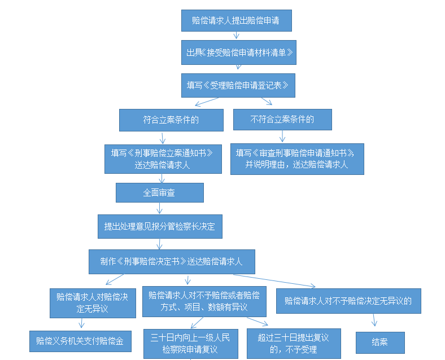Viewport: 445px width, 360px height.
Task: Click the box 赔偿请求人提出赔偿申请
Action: point(237,20)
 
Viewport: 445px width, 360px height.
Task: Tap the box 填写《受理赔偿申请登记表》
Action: point(238,85)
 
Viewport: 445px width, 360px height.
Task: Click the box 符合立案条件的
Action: point(171,120)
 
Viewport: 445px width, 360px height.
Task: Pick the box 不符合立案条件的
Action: point(282,120)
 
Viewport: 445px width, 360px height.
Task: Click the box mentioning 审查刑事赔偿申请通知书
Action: point(297,159)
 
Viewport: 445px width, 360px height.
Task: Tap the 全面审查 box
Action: point(159,192)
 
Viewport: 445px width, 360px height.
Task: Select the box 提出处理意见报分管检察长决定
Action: point(160,226)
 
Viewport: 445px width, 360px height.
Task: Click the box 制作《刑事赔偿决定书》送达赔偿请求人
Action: point(172,261)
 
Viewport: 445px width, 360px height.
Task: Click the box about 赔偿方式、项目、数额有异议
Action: point(204,301)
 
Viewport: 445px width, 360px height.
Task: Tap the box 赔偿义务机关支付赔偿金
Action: point(80,341)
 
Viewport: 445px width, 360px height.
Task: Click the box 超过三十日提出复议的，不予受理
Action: point(294,343)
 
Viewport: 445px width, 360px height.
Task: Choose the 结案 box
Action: point(379,342)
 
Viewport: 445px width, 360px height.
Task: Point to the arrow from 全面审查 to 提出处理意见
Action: point(160,208)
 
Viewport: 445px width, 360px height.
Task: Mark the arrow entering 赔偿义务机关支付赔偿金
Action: point(82,323)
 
